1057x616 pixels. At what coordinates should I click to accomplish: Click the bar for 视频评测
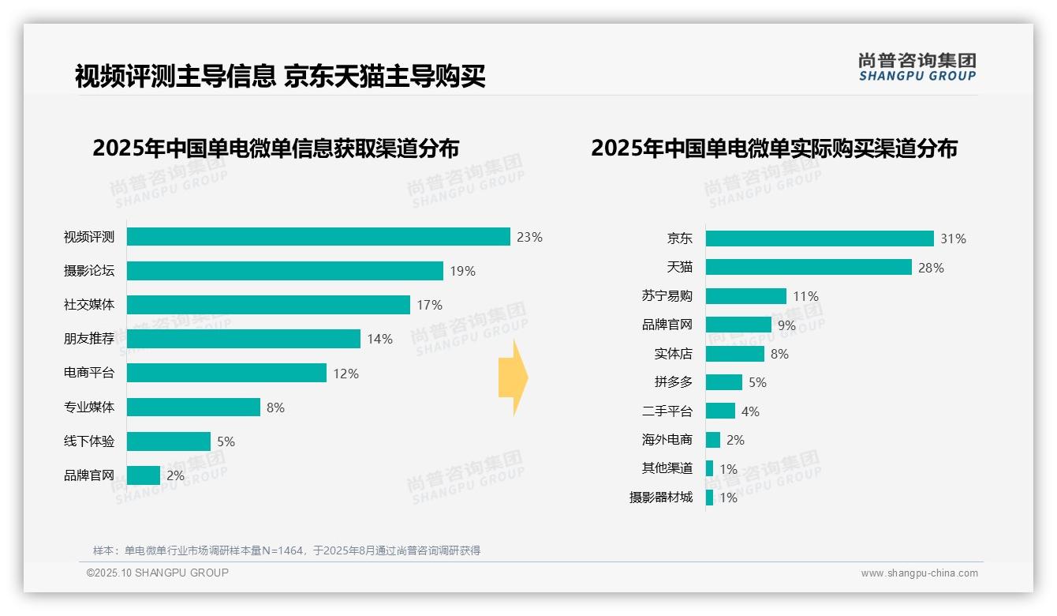[318, 237]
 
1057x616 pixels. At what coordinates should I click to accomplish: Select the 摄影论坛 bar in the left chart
[285, 271]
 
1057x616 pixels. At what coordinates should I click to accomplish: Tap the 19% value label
[462, 271]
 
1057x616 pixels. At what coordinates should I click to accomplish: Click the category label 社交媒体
[89, 305]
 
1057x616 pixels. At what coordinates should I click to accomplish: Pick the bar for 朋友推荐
[243, 339]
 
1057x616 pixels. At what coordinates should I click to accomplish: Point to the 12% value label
[345, 374]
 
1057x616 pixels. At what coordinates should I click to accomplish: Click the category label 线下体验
[89, 441]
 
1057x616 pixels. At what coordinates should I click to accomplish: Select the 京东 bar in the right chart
[820, 239]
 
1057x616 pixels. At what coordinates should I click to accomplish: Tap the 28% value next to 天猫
[931, 268]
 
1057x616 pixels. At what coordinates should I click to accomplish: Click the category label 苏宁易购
[667, 296]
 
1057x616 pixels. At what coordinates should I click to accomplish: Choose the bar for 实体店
[734, 354]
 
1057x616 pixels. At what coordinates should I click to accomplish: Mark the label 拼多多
[674, 382]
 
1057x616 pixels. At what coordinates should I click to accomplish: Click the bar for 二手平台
[720, 411]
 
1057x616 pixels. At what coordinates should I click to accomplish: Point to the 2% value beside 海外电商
[735, 440]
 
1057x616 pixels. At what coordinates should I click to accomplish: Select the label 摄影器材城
[661, 498]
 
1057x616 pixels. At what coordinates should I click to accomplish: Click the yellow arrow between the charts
[514, 377]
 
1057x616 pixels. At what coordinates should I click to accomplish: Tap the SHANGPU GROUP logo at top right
[917, 67]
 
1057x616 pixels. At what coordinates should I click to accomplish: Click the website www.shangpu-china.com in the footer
[919, 573]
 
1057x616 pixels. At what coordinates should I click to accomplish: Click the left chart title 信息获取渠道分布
[275, 148]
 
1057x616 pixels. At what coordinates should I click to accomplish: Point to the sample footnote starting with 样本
[286, 550]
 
